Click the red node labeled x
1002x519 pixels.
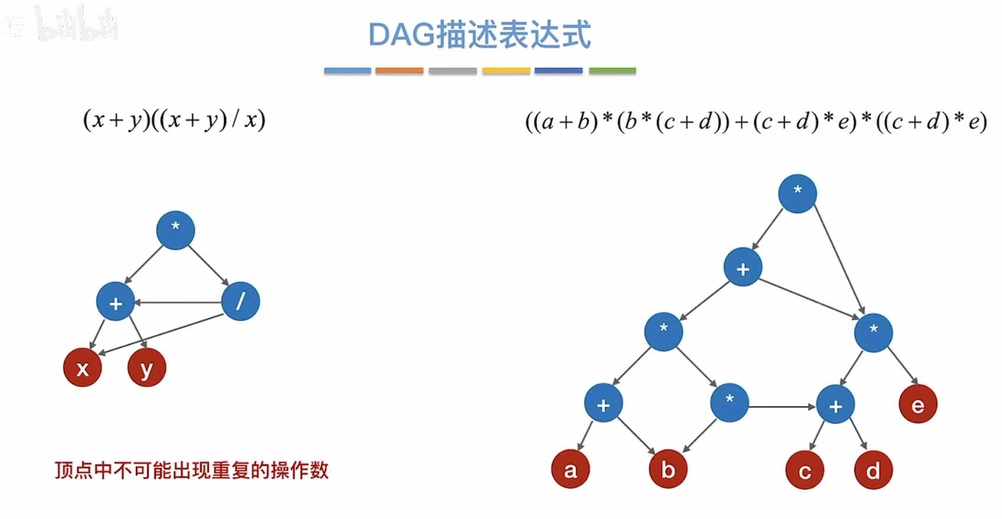click(82, 368)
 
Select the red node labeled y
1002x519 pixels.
click(147, 368)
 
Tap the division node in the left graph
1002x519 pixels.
click(241, 302)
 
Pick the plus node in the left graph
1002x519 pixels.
click(115, 302)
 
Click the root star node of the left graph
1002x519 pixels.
click(175, 230)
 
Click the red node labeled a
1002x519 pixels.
click(570, 470)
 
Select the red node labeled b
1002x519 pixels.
click(668, 470)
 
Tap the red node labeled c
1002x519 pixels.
click(804, 470)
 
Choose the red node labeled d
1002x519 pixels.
click(873, 470)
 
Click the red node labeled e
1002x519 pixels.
click(918, 405)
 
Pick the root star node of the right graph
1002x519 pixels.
click(797, 193)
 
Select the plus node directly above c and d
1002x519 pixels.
click(835, 405)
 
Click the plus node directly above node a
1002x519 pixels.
click(603, 404)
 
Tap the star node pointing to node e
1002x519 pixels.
click(873, 332)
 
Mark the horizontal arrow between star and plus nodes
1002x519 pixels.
click(783, 406)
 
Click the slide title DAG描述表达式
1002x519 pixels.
click(480, 35)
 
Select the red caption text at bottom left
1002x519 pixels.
click(191, 470)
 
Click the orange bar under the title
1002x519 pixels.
click(399, 71)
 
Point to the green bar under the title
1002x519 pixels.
click(612, 71)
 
